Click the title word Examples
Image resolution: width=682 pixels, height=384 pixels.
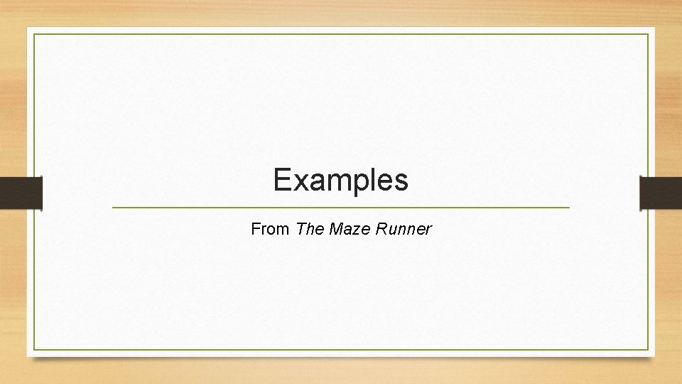(x=341, y=181)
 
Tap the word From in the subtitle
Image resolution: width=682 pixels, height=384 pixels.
(x=270, y=230)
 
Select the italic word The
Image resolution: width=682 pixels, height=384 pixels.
(x=310, y=230)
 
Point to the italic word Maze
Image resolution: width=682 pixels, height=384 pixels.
(x=346, y=230)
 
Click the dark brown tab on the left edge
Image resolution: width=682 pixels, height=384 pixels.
(x=21, y=193)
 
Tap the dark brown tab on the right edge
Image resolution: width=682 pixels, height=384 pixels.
(x=661, y=193)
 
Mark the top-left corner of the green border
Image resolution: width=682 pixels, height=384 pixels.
(x=34, y=34)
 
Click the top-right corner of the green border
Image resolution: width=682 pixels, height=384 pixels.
(x=648, y=34)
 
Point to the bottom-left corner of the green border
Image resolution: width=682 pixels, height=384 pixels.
(x=34, y=350)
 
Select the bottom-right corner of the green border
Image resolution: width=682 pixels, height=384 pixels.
(x=648, y=350)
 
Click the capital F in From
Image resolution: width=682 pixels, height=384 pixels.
(x=255, y=230)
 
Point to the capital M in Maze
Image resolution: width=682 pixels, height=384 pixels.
(x=335, y=230)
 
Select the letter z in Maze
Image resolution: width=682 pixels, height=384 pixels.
(x=352, y=230)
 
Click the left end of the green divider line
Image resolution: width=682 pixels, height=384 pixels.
(x=113, y=207)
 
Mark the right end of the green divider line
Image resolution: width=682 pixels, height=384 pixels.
(x=569, y=207)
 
